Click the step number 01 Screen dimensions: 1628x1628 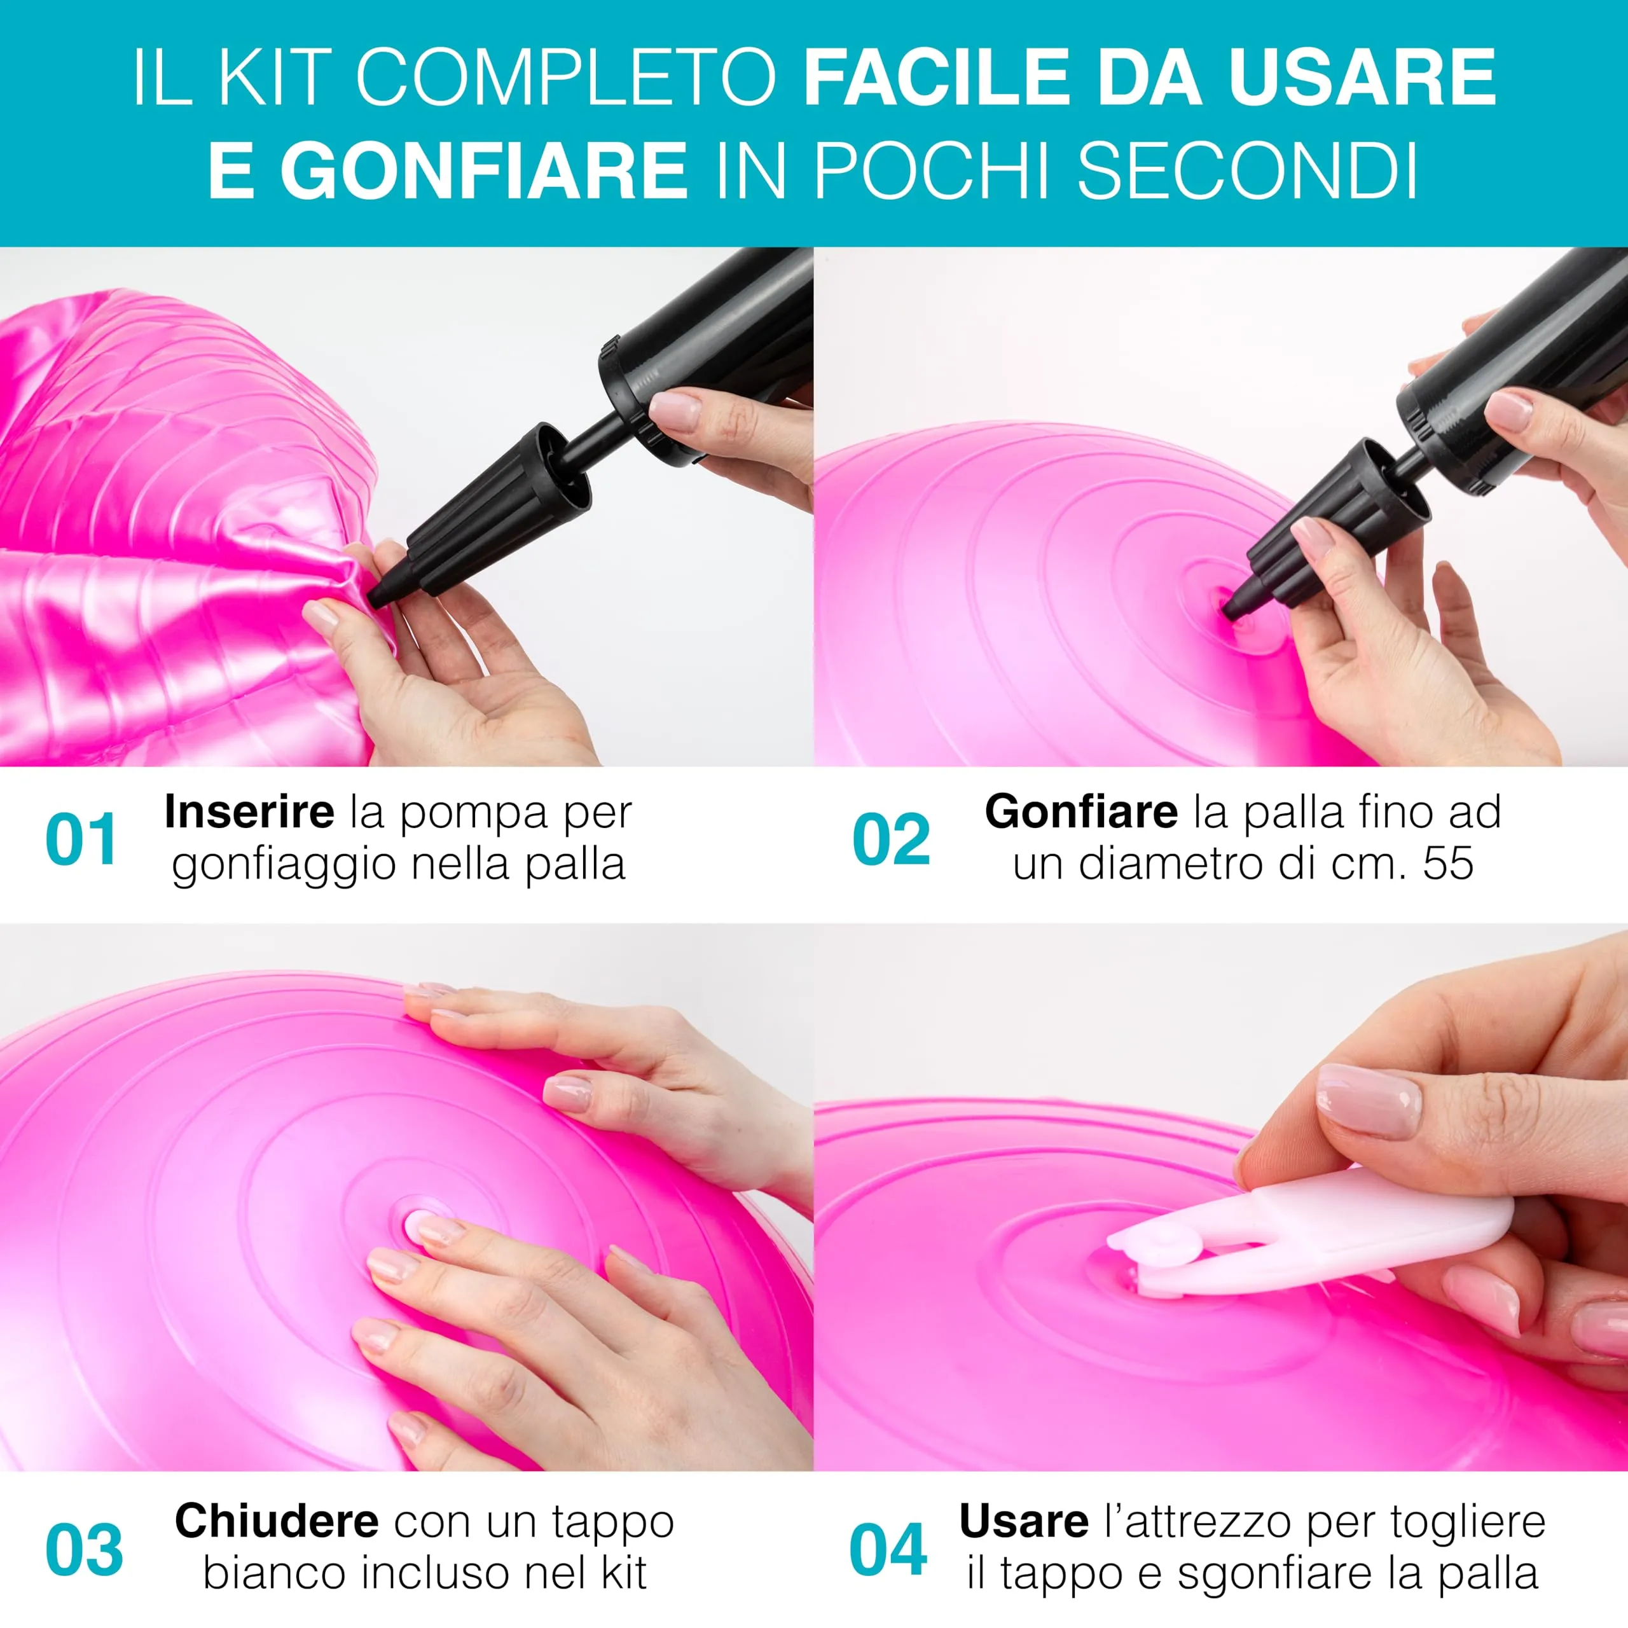coord(81,839)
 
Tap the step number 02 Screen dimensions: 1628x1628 coord(892,839)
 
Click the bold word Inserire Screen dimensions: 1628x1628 coord(249,811)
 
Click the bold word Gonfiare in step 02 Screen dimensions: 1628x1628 coord(1081,811)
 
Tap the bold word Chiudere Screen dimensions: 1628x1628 coord(277,1521)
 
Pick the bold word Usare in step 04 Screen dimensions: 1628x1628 coord(1024,1521)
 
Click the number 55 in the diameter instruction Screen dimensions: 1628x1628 coord(1449,863)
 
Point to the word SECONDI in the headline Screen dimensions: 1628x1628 coord(1247,171)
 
